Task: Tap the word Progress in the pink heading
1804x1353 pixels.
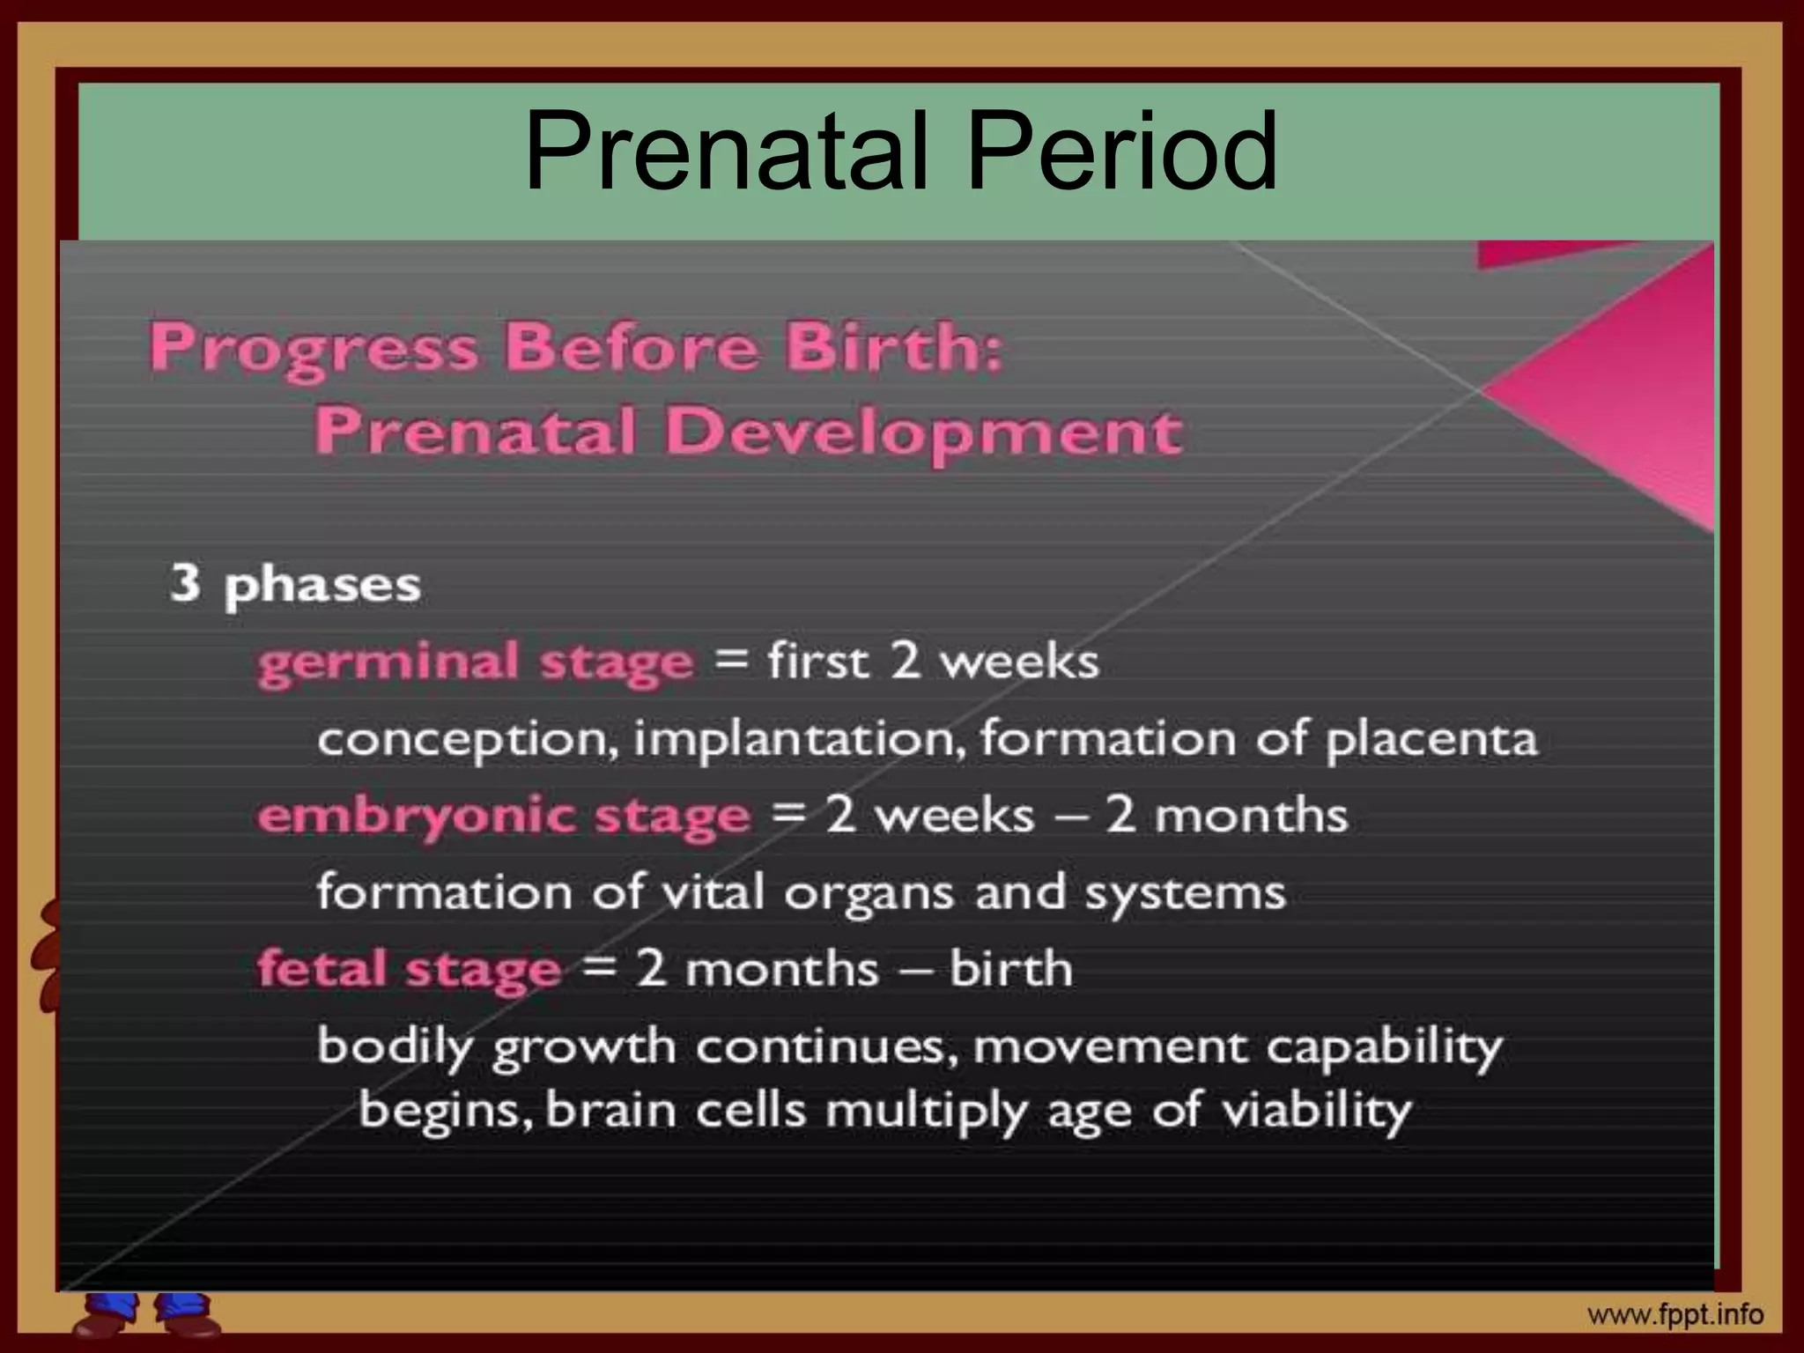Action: (314, 349)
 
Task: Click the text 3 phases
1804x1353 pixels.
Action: (295, 585)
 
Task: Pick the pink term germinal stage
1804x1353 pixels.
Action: (476, 662)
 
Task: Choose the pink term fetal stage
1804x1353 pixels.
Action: (409, 970)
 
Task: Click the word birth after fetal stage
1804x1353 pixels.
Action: (1011, 969)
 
